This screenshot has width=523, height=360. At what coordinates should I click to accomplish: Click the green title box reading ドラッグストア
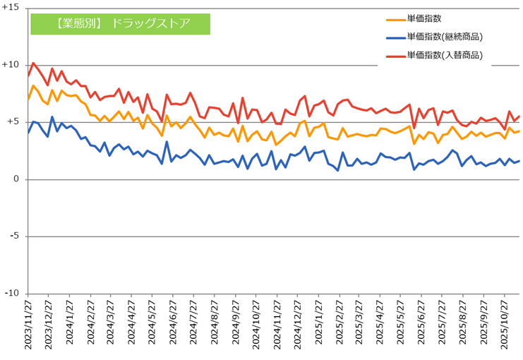pos(121,23)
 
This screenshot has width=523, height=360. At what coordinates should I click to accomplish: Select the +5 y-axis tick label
pos(13,121)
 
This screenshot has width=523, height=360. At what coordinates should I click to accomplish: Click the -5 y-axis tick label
pos(14,236)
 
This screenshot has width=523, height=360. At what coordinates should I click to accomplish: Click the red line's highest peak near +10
pos(33,63)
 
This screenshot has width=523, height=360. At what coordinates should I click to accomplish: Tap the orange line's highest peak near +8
pos(33,85)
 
